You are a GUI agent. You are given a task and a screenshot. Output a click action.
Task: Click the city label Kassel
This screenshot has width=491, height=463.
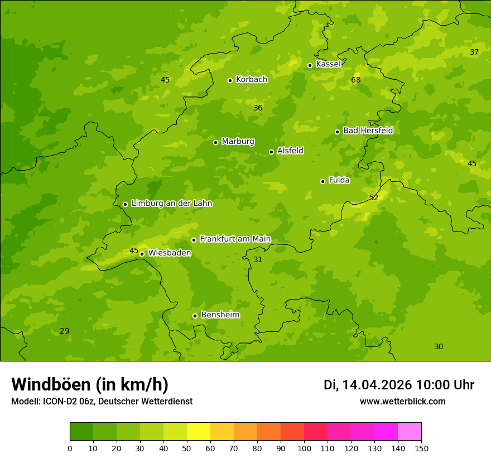(x=328, y=64)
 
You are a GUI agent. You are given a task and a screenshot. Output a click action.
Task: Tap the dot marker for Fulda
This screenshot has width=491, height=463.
(x=322, y=181)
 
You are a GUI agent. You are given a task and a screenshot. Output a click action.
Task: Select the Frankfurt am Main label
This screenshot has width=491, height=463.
(x=235, y=239)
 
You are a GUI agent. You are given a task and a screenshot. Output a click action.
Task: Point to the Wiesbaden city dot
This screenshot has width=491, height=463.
(x=142, y=254)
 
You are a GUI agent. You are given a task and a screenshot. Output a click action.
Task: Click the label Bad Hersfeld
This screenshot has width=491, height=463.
(x=368, y=131)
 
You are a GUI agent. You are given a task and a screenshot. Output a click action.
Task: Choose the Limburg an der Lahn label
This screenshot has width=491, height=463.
(x=171, y=204)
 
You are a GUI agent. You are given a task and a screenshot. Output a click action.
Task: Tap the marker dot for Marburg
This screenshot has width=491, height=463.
(x=215, y=142)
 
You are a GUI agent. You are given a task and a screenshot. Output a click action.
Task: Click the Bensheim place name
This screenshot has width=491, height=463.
(x=220, y=315)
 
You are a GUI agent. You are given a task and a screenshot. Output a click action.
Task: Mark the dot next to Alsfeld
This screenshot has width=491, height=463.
(x=271, y=152)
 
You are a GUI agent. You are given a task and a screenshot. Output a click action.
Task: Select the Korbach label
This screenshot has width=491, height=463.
(x=252, y=79)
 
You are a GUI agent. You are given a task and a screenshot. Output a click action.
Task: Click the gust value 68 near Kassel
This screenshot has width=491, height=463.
(x=355, y=80)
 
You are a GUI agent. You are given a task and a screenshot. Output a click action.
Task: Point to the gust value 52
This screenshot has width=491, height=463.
(x=374, y=197)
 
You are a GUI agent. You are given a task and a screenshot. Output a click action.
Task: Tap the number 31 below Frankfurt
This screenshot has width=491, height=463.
(x=258, y=259)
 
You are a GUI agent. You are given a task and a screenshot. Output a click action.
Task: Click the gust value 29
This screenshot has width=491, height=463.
(x=65, y=331)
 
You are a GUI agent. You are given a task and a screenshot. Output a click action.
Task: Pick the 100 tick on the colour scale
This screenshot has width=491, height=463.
(x=304, y=448)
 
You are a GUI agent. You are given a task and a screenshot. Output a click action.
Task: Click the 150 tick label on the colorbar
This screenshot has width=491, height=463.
(x=421, y=448)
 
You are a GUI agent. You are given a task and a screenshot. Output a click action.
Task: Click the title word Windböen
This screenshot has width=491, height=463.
(x=50, y=384)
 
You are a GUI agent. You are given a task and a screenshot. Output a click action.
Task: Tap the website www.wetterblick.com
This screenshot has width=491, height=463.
(x=402, y=401)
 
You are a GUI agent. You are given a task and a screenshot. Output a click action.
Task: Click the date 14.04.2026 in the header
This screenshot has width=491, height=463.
(x=377, y=385)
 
